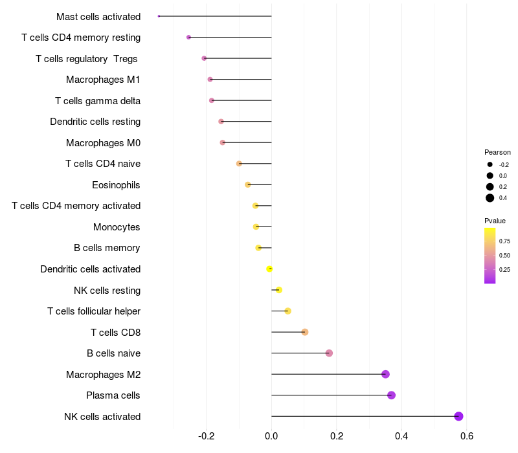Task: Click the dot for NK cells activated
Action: pyautogui.click(x=458, y=416)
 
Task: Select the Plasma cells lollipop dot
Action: pyautogui.click(x=391, y=395)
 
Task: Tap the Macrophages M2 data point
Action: pyautogui.click(x=385, y=374)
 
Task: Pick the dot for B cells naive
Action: pyautogui.click(x=329, y=353)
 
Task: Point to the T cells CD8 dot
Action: pyautogui.click(x=305, y=332)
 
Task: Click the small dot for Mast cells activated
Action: pyautogui.click(x=159, y=16)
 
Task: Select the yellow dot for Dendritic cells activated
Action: pyautogui.click(x=270, y=269)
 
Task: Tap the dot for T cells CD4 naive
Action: pyautogui.click(x=239, y=164)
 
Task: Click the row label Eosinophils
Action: pyautogui.click(x=116, y=185)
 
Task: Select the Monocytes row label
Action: pyautogui.click(x=117, y=227)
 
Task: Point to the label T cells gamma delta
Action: pyautogui.click(x=98, y=101)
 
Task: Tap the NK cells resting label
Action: pyautogui.click(x=107, y=291)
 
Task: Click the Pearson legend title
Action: pyautogui.click(x=497, y=153)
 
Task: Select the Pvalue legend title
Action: pyautogui.click(x=495, y=221)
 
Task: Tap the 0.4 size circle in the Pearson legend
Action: pyautogui.click(x=490, y=198)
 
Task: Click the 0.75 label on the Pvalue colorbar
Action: pyautogui.click(x=504, y=241)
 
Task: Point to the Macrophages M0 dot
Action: pyautogui.click(x=223, y=142)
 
